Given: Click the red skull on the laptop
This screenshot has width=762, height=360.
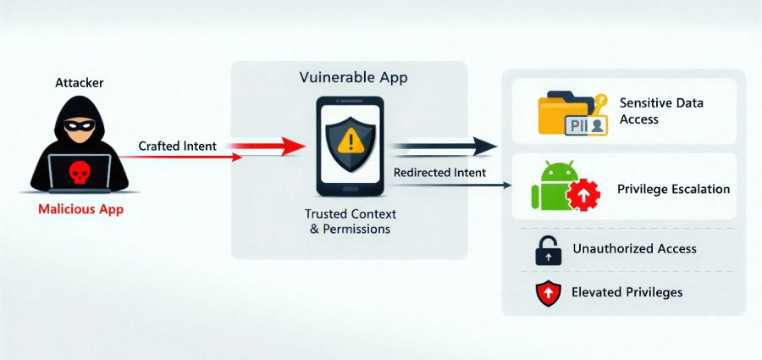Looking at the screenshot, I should pyautogui.click(x=79, y=173).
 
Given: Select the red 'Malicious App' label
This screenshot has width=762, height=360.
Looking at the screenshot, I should pyautogui.click(x=80, y=209).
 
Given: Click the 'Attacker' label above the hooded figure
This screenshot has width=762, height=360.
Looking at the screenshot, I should pyautogui.click(x=80, y=83).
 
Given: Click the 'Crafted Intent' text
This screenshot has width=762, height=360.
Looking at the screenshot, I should pyautogui.click(x=178, y=146).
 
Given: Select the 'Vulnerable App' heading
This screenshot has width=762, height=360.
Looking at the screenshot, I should pyautogui.click(x=353, y=78).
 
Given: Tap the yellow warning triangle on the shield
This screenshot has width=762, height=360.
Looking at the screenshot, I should pyautogui.click(x=350, y=141).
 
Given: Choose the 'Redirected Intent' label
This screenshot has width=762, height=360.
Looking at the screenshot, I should pyautogui.click(x=439, y=173).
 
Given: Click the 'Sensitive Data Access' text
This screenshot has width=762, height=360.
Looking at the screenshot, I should pyautogui.click(x=661, y=111).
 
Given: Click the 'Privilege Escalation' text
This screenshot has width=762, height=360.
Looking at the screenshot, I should pyautogui.click(x=673, y=189).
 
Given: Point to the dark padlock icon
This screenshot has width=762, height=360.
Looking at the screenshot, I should pyautogui.click(x=548, y=251).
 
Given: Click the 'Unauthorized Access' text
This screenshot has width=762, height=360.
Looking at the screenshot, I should pyautogui.click(x=634, y=248).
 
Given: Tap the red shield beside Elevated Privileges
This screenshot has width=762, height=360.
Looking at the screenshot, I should pyautogui.click(x=548, y=293).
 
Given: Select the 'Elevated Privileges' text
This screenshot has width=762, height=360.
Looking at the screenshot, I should pyautogui.click(x=627, y=292).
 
